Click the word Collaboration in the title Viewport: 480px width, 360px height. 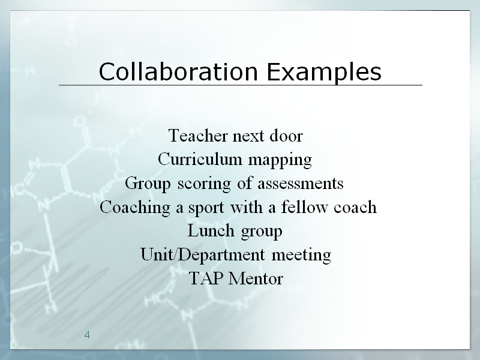178,71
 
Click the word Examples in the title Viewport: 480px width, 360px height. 324,72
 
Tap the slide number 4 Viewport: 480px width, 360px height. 87,335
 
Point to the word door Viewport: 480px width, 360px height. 286,136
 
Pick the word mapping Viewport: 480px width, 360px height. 280,160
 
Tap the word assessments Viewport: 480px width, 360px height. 301,184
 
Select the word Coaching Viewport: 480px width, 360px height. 135,208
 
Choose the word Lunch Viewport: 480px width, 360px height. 211,230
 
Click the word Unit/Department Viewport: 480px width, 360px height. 203,254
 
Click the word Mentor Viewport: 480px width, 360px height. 256,278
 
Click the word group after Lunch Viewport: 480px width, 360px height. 262,232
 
